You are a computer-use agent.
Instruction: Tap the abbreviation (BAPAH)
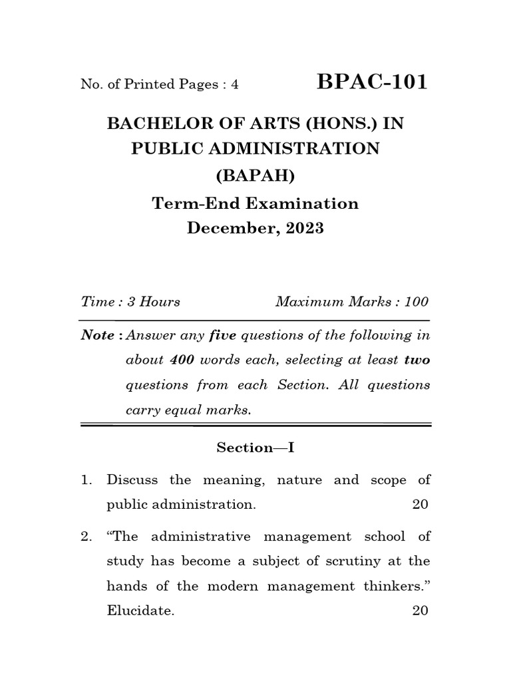255,176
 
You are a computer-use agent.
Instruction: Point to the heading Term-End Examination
255,203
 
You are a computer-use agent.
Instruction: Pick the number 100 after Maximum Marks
416,302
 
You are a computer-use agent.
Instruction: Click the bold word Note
97,335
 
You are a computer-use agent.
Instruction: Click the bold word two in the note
417,360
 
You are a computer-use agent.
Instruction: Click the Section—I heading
255,448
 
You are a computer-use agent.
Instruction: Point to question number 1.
86,480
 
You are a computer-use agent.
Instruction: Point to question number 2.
86,536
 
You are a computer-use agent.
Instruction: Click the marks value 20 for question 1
421,504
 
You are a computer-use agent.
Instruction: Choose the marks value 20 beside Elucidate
421,611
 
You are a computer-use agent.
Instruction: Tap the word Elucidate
140,611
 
